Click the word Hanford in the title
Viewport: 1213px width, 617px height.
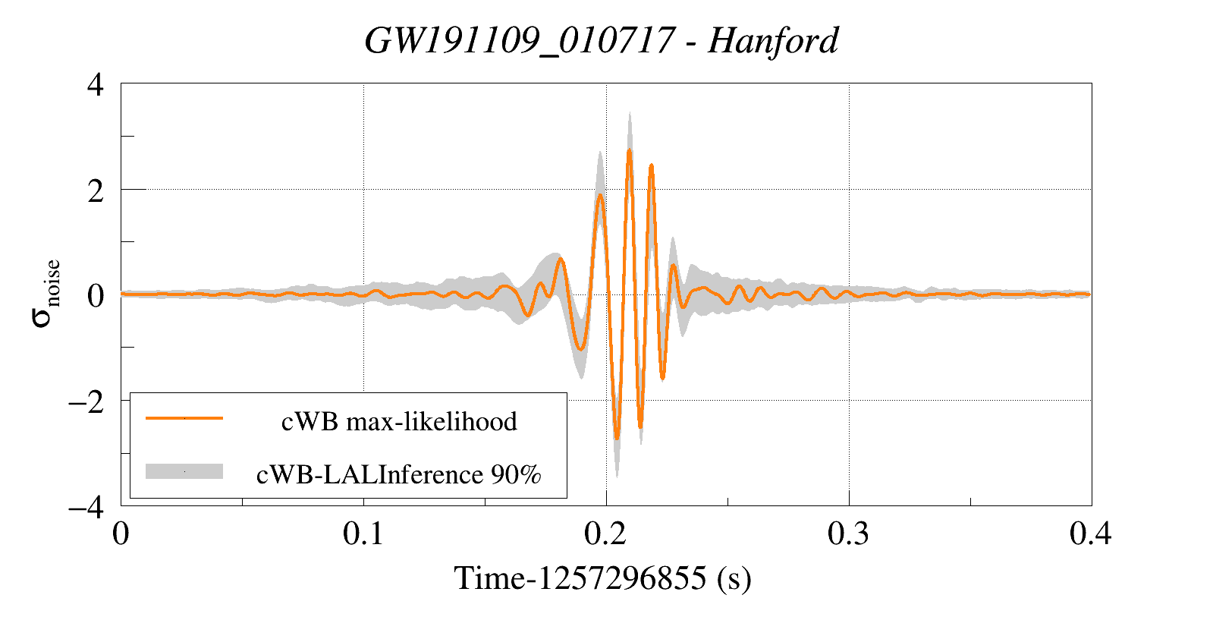(x=773, y=40)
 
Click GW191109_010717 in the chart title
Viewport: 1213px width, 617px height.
(x=519, y=40)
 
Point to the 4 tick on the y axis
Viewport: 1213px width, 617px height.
(x=95, y=84)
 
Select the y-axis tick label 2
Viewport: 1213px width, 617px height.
(x=95, y=190)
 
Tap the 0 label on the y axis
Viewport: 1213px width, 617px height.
(x=95, y=295)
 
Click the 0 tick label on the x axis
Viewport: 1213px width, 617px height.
(x=121, y=534)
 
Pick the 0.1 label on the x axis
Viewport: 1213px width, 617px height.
(x=363, y=534)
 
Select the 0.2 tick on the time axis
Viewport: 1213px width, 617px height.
(x=606, y=534)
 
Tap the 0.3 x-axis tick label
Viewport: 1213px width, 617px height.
(x=848, y=534)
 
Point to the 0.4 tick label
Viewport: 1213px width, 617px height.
(x=1091, y=534)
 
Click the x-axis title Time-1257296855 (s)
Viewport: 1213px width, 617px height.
(x=602, y=578)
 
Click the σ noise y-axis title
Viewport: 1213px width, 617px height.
(x=45, y=294)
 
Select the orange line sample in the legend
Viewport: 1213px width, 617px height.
(x=184, y=418)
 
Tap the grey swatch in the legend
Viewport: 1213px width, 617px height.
(x=184, y=471)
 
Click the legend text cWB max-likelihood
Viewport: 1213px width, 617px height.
(x=399, y=421)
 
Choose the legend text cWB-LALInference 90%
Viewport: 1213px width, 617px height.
(x=399, y=474)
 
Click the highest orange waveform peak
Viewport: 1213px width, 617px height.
(x=630, y=151)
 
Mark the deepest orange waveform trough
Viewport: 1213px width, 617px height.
(x=617, y=438)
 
